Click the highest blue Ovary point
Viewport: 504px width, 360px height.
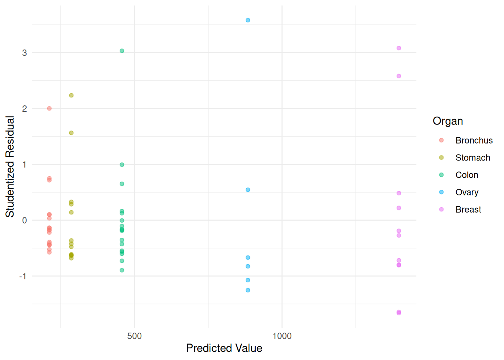point(248,20)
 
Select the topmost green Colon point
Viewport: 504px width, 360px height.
point(122,51)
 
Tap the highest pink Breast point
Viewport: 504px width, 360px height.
point(399,48)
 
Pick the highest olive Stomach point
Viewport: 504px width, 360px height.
point(71,96)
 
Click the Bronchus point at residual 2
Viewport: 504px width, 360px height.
point(49,109)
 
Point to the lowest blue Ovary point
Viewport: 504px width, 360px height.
point(248,290)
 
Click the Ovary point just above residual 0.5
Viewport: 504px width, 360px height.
point(248,190)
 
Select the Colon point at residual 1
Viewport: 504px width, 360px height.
point(122,165)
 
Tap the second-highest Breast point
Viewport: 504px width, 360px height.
point(399,76)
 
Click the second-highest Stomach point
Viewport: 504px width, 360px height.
point(71,133)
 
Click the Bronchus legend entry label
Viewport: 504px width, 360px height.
point(474,141)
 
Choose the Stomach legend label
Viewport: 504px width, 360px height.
point(472,158)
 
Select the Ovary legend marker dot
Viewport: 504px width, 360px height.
point(441,192)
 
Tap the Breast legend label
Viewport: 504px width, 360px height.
point(468,210)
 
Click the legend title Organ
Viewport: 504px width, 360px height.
point(448,121)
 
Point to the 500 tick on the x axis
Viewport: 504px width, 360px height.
point(134,336)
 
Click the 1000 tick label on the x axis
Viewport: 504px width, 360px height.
point(282,336)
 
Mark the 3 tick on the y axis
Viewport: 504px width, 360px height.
point(24,53)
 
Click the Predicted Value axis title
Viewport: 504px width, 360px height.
point(224,348)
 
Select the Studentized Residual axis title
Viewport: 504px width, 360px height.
point(10,166)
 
